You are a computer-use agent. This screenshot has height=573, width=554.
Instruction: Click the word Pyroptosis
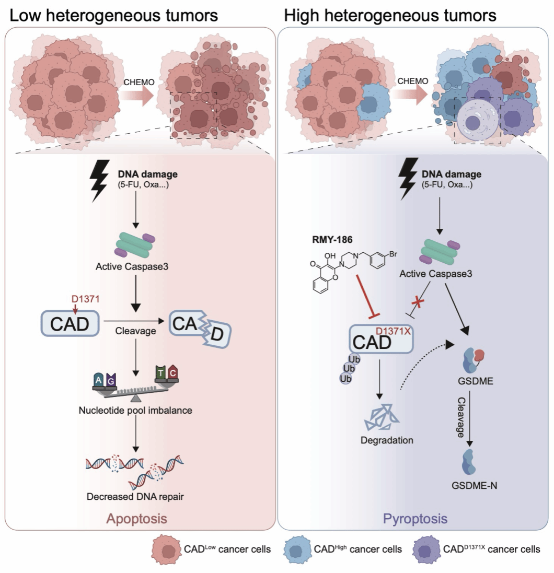pyautogui.click(x=415, y=520)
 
